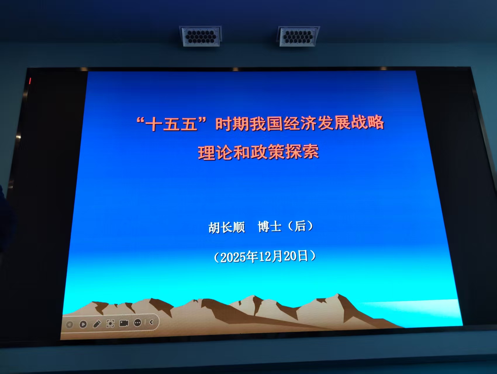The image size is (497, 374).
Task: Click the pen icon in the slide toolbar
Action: click(97, 324)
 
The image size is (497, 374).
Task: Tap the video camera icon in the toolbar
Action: click(124, 323)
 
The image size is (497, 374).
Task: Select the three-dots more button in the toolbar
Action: click(138, 323)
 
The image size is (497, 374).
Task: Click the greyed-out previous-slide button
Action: click(70, 325)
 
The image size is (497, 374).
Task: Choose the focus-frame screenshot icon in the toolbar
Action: click(110, 323)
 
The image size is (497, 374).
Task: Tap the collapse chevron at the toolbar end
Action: click(151, 322)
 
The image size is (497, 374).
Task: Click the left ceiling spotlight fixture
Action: click(201, 36)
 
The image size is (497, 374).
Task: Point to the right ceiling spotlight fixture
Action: click(298, 36)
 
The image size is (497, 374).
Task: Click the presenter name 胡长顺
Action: click(227, 227)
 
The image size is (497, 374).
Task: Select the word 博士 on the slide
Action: click(270, 227)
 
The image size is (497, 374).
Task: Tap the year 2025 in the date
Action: click(233, 257)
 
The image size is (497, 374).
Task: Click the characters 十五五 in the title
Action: click(171, 124)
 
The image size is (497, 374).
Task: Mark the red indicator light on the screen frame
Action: click(30, 81)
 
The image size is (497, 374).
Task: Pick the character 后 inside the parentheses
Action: click(300, 226)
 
